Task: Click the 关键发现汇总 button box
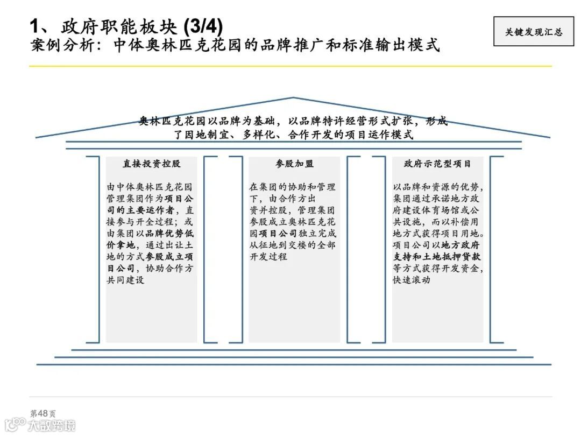tap(533, 32)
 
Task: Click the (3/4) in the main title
tap(203, 26)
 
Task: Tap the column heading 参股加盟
tap(294, 164)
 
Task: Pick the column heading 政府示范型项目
tap(437, 164)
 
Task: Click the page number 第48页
tap(42, 413)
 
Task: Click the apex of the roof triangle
tap(293, 98)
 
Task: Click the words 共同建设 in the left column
tap(125, 280)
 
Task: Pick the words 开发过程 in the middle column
tap(268, 257)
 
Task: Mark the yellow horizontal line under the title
tap(290, 66)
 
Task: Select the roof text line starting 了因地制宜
tap(293, 135)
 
